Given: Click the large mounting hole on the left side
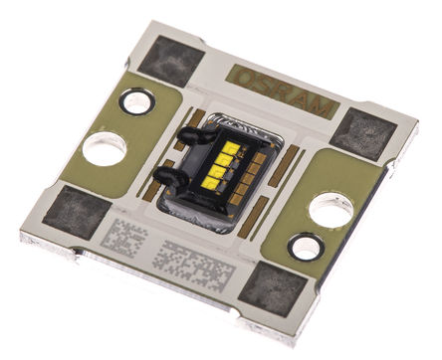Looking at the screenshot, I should point(104,149).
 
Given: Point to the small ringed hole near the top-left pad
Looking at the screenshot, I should point(135,100).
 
